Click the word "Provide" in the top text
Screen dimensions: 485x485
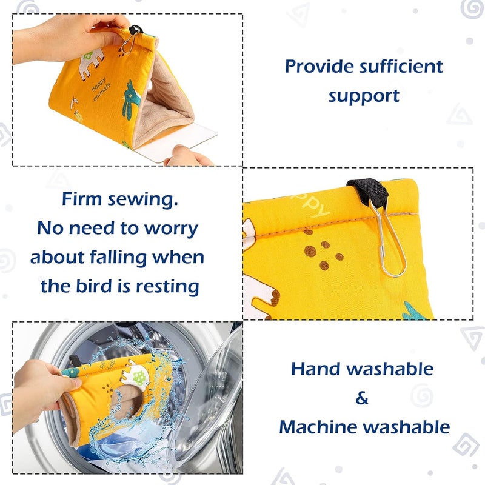point(319,67)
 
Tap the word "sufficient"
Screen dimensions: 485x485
point(401,67)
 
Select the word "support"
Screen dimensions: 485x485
point(364,96)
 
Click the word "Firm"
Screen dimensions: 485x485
point(82,199)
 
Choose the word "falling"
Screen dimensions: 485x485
point(118,258)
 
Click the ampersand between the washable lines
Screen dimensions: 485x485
point(362,398)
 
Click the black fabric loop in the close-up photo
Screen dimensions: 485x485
point(369,190)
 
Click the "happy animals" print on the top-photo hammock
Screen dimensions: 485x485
point(101,89)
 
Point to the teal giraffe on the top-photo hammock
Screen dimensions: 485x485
point(131,99)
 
